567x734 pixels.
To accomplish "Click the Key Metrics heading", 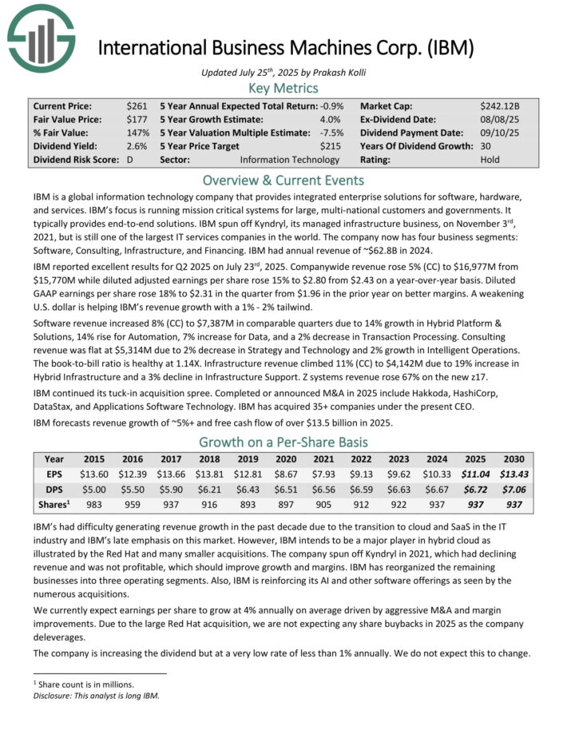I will (283, 88).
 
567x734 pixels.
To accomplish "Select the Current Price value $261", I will (136, 105).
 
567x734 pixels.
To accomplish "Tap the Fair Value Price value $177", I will (136, 119).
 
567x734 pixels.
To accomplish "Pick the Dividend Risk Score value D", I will (129, 160).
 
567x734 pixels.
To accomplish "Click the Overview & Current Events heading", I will (283, 180).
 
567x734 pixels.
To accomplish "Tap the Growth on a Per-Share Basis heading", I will (283, 442).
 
